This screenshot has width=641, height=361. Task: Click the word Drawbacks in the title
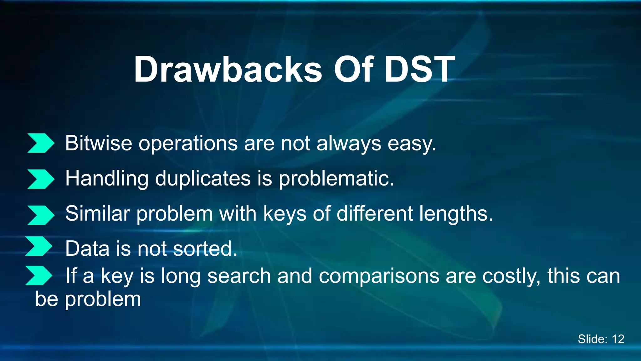pyautogui.click(x=228, y=70)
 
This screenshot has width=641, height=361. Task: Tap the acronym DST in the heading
pyautogui.click(x=419, y=70)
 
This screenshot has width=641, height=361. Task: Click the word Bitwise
pyautogui.click(x=99, y=144)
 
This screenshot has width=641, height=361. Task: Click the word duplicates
pyautogui.click(x=203, y=179)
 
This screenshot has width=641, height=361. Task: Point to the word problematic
pyautogui.click(x=336, y=179)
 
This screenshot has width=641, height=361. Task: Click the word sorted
pyautogui.click(x=205, y=249)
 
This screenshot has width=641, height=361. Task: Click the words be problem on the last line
pyautogui.click(x=88, y=299)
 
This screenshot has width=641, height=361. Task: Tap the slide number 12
pyautogui.click(x=618, y=339)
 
